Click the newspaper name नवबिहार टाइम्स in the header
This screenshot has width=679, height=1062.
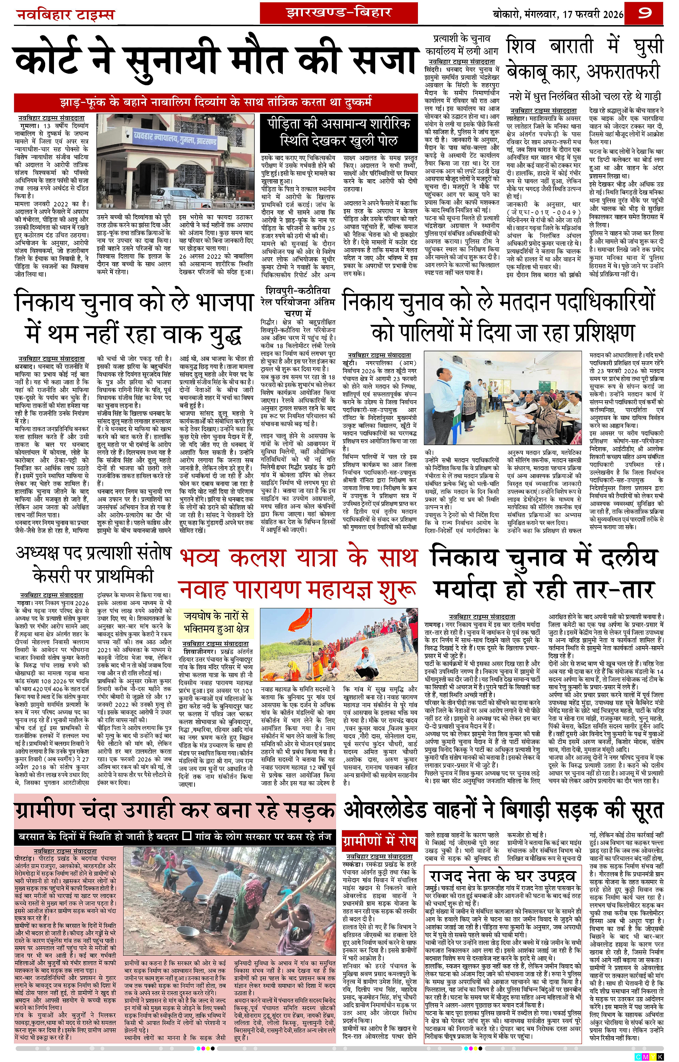(65, 15)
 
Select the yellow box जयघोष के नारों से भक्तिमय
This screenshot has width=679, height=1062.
(216, 622)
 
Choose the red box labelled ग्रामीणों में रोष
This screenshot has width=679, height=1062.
(379, 841)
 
